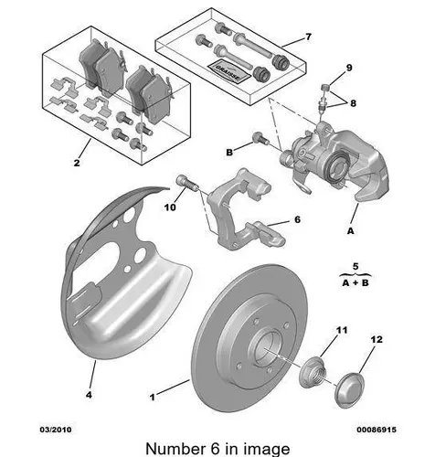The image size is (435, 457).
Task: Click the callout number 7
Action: coord(308,37)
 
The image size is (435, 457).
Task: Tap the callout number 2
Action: coord(77,163)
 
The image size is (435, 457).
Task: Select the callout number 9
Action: coord(349,68)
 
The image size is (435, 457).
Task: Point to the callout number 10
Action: coord(170,207)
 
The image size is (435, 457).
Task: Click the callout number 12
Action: coord(377,339)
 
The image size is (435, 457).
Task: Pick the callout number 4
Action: coord(89,395)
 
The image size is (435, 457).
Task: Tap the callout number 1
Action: coord(153,397)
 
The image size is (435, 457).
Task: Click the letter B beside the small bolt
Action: coord(229,153)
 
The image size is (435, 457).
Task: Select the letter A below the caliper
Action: coord(351,231)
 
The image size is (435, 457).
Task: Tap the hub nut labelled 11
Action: coord(313,373)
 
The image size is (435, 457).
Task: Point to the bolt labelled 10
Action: coord(187,183)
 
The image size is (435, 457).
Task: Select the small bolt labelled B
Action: coord(260,138)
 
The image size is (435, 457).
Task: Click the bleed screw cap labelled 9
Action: coord(325,88)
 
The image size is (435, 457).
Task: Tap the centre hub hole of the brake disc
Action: coord(264,350)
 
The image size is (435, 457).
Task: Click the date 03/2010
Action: coord(56,430)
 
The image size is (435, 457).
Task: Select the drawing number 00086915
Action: coord(377,430)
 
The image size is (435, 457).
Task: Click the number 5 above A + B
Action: coord(355,266)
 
